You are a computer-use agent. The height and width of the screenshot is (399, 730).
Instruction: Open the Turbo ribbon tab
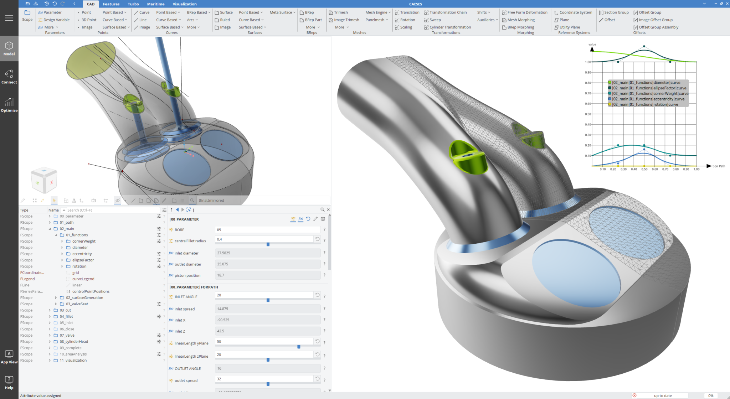[133, 4]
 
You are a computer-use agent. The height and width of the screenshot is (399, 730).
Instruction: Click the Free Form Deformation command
[527, 12]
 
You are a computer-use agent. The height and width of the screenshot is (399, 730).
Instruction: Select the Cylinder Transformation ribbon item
[450, 27]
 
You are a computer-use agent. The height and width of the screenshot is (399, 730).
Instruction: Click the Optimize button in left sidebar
[9, 105]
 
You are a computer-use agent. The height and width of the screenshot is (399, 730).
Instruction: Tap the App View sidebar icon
[9, 356]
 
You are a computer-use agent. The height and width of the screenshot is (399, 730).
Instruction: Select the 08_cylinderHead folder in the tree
[74, 341]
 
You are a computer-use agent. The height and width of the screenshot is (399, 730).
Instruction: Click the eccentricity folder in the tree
[82, 254]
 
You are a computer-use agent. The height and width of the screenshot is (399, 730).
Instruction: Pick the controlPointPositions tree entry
[91, 291]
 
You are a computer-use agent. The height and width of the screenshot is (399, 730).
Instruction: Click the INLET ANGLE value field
[264, 295]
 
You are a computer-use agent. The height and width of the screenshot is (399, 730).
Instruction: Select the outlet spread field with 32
[264, 379]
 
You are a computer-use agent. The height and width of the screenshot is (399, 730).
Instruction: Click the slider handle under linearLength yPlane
[299, 347]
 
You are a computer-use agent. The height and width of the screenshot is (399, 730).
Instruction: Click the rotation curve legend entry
[645, 104]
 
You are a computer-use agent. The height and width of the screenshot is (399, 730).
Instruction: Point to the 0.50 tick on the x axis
[644, 169]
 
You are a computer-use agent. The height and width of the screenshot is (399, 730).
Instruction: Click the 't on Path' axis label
[719, 166]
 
